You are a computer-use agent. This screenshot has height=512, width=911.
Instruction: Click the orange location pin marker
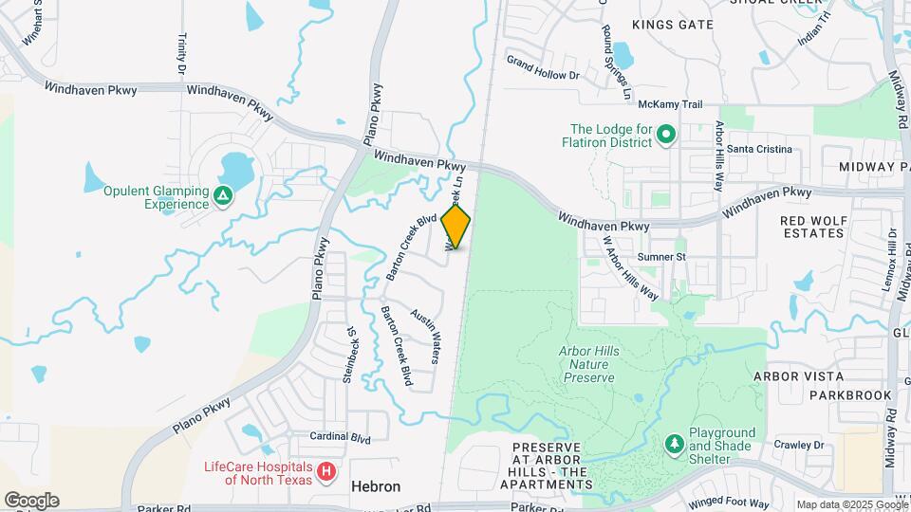(455, 226)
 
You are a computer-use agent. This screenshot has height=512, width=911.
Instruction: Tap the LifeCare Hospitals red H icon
(325, 470)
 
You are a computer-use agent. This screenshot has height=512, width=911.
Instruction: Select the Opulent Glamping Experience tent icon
(222, 196)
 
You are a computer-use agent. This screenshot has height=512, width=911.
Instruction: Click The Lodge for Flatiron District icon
(665, 137)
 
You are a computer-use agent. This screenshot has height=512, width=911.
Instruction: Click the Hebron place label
(376, 486)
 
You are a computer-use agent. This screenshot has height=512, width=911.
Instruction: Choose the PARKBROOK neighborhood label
(824, 395)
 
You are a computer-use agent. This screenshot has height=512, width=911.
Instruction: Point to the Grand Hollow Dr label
(542, 67)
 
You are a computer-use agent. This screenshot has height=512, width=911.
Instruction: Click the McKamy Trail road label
(670, 104)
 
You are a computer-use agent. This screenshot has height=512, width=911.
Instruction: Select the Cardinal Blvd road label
(340, 438)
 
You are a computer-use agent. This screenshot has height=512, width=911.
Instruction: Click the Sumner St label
(661, 257)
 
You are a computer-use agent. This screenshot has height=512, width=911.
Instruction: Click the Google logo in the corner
(31, 500)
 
